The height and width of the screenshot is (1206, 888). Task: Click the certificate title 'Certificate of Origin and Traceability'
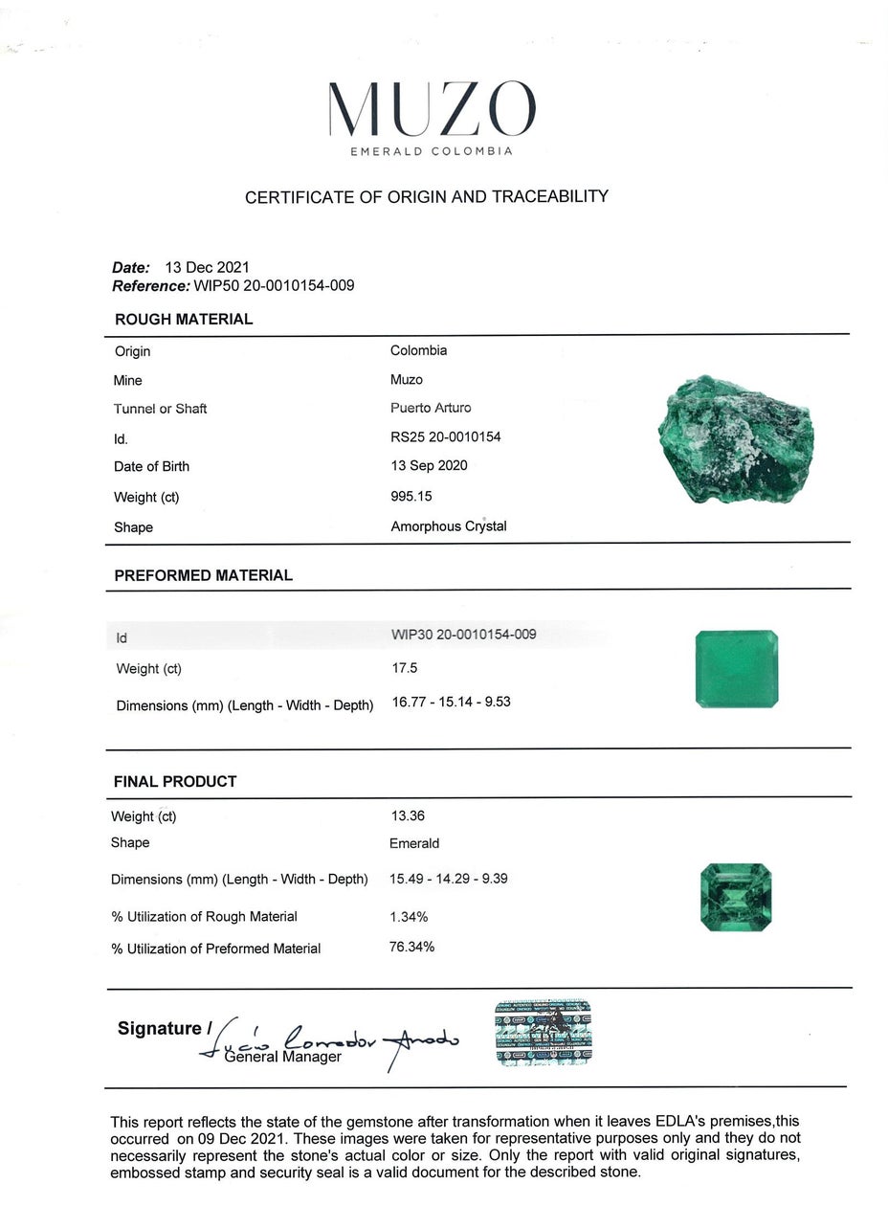[427, 197]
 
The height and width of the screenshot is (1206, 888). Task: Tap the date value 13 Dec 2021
[208, 268]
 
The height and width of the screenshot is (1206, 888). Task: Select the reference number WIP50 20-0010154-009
[274, 286]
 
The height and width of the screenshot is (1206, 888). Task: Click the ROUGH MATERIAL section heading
[184, 320]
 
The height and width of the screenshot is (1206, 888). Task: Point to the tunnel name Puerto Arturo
[431, 408]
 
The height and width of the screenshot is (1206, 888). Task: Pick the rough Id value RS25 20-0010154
[446, 437]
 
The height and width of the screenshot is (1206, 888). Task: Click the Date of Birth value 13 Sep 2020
[429, 466]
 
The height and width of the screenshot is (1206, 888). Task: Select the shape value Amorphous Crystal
[449, 526]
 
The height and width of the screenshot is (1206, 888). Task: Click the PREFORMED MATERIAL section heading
[203, 576]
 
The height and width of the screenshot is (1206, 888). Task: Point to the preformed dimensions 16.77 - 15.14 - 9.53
[452, 702]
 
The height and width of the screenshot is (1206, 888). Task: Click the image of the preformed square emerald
[737, 669]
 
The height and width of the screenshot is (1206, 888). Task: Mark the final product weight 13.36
[408, 816]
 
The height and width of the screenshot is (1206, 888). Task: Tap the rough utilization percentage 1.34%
[409, 917]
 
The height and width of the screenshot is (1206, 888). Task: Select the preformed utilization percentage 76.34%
[412, 948]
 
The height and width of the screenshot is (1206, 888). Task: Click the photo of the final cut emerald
[736, 897]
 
